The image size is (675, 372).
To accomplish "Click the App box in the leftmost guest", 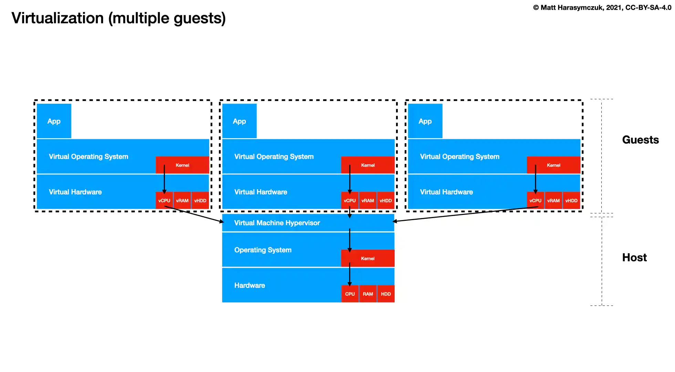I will [54, 121].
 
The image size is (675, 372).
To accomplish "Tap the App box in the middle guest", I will [239, 121].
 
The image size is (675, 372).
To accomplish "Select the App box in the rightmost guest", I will [425, 121].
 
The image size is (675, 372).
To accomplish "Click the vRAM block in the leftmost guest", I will [182, 200].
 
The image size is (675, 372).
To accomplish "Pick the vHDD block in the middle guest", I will [386, 200].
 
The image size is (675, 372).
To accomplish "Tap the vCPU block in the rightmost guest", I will [536, 200].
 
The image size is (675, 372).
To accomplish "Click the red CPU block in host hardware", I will [350, 294].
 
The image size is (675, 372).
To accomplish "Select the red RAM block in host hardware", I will [368, 294].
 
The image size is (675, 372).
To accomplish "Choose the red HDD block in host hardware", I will [386, 294].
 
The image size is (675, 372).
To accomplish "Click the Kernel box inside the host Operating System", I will [368, 258].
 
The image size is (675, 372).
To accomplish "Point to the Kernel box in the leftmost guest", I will [183, 165].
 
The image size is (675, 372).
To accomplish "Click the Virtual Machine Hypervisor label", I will [277, 223].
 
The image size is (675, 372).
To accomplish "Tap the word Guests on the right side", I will [640, 139].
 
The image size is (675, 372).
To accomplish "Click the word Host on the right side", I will [634, 257].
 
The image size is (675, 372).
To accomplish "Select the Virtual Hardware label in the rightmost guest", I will [446, 192].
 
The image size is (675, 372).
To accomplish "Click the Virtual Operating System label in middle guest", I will [274, 156].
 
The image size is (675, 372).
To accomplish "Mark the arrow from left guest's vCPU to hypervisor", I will [195, 214].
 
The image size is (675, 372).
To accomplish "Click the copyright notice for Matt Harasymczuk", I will [602, 8].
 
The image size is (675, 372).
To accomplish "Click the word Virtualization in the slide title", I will [58, 18].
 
